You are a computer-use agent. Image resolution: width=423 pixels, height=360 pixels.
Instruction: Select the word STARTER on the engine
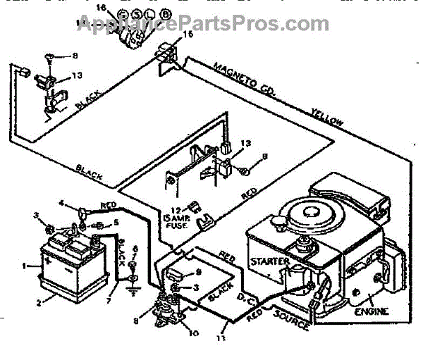pyautogui.click(x=270, y=261)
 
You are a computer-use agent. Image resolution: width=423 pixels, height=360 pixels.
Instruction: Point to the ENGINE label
pyautogui.click(x=371, y=311)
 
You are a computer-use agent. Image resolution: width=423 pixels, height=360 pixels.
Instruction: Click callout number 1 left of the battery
pyautogui.click(x=25, y=266)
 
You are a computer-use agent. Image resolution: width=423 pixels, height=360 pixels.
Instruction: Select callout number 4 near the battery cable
pyautogui.click(x=61, y=204)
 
